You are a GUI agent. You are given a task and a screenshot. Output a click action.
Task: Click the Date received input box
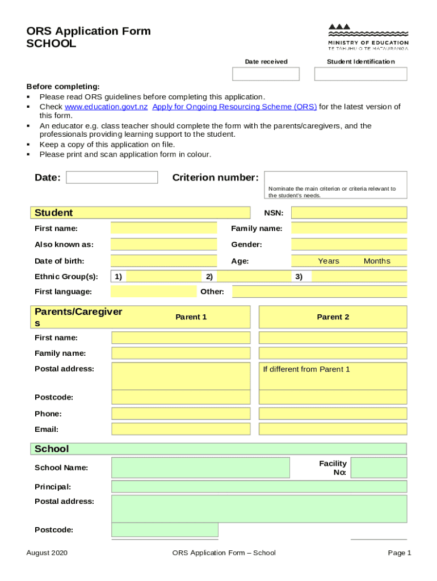coord(266,74)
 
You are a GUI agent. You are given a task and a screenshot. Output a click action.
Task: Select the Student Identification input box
coord(360,74)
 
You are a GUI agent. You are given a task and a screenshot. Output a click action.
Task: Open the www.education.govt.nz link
coord(106,107)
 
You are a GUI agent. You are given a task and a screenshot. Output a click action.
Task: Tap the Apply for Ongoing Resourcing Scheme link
coord(234,107)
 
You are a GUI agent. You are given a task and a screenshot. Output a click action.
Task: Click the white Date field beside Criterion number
coord(112,178)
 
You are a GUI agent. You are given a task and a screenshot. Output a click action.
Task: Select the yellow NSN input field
coord(349,213)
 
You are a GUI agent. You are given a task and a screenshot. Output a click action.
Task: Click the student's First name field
coord(163,229)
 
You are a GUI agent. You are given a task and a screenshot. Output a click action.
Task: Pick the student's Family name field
coord(349,229)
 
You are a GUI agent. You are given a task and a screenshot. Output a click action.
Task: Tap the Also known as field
coord(163,245)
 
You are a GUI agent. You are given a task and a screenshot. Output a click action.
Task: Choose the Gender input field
coord(349,245)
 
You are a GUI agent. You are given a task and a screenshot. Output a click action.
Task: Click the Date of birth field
coord(163,261)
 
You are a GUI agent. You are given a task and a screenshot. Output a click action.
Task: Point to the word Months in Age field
coord(377,261)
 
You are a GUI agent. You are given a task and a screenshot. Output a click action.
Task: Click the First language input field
coord(153,292)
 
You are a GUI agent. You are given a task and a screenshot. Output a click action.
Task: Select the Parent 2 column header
coord(333,317)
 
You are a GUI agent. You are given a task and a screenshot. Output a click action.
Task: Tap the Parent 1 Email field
coord(180,429)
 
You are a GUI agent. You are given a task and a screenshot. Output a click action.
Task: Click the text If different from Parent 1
coord(306,369)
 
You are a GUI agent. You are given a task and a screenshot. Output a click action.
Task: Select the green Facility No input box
coord(379,468)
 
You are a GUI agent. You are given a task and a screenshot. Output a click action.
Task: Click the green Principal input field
coord(259,487)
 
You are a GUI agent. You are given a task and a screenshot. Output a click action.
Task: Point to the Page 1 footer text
coord(400,553)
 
